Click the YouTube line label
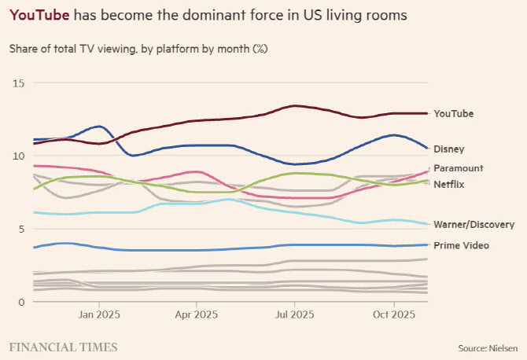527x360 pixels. (455, 113)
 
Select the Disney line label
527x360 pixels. (449, 149)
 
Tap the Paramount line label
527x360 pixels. (458, 168)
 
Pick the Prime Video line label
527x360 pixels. (461, 246)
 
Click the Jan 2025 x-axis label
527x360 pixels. (99, 315)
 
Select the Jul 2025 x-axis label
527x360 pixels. (294, 315)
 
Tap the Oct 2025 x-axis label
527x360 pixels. (393, 315)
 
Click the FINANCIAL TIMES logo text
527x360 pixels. (63, 347)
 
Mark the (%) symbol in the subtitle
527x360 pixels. (260, 49)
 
